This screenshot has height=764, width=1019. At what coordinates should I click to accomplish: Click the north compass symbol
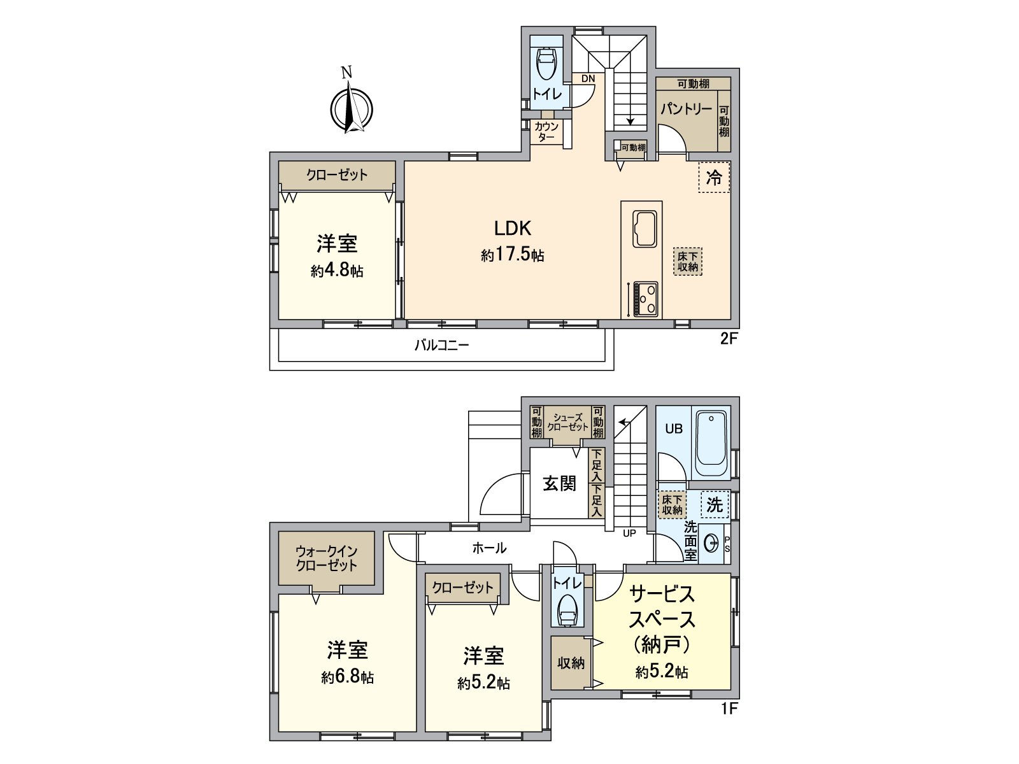pyautogui.click(x=351, y=109)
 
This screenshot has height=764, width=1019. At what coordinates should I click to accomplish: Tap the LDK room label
pyautogui.click(x=513, y=228)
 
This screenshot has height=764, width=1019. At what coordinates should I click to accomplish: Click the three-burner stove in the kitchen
pyautogui.click(x=645, y=299)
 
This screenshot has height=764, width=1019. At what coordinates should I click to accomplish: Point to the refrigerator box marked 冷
pyautogui.click(x=714, y=178)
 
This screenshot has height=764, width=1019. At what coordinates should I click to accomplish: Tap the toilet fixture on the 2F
pyautogui.click(x=547, y=63)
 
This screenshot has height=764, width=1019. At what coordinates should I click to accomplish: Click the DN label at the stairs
pyautogui.click(x=588, y=79)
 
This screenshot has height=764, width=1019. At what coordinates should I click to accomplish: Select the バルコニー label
pyautogui.click(x=441, y=346)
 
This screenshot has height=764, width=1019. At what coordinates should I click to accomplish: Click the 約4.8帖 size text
pyautogui.click(x=337, y=271)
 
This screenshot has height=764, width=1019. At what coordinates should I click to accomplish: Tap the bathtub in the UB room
pyautogui.click(x=711, y=443)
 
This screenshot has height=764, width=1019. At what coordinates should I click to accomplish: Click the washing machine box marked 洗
pyautogui.click(x=715, y=505)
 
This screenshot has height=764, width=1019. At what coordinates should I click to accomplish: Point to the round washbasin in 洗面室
pyautogui.click(x=710, y=544)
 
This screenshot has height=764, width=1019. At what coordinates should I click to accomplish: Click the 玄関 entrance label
pyautogui.click(x=559, y=484)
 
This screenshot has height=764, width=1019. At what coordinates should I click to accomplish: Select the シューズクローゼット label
pyautogui.click(x=567, y=423)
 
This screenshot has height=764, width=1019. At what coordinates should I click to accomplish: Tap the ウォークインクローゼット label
pyautogui.click(x=326, y=558)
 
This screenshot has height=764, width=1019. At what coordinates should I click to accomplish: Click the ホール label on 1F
pyautogui.click(x=489, y=548)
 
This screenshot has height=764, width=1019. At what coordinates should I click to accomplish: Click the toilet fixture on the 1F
pyautogui.click(x=566, y=612)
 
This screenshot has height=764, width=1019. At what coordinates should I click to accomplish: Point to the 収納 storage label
pyautogui.click(x=571, y=663)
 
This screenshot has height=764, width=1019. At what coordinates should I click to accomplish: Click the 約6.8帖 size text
pyautogui.click(x=347, y=677)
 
